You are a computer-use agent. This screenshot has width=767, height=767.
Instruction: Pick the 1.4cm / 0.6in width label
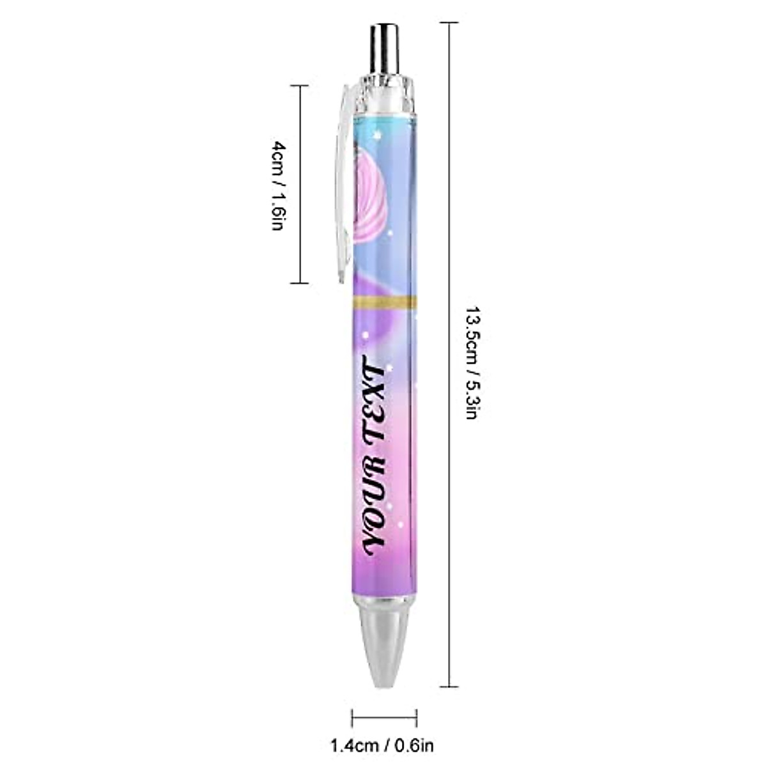click(383, 745)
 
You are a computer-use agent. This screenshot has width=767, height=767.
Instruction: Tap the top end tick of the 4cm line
click(300, 86)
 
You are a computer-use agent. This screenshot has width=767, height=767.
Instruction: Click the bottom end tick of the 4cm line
click(300, 283)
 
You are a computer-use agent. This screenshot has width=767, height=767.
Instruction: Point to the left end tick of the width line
click(352, 718)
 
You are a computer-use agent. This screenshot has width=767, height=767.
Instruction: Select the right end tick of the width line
click(417, 718)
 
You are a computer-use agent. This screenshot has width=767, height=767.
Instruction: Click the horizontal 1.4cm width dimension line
click(384, 718)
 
